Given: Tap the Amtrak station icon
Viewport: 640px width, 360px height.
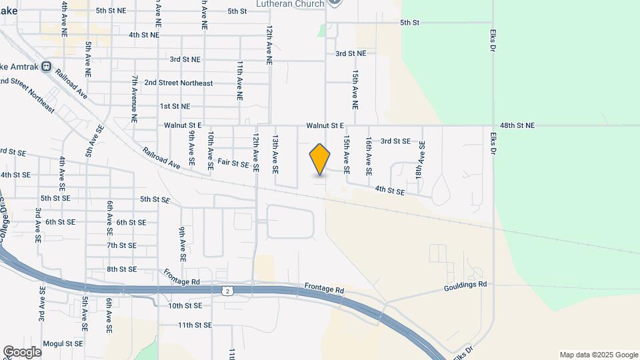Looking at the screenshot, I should pos(46,67).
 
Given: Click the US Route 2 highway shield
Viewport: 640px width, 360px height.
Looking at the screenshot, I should pos(228,291).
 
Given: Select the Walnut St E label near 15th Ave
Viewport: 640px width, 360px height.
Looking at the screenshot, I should pos(325,125).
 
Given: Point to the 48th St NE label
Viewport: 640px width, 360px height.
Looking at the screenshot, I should pos(517,125).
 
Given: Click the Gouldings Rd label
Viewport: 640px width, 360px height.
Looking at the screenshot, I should pos(465,285).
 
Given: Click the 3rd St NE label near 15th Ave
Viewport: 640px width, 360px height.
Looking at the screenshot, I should pos(351,53).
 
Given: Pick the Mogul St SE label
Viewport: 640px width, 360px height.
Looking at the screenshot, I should pos(63,343).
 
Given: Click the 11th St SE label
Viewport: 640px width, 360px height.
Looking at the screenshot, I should pos(195,325).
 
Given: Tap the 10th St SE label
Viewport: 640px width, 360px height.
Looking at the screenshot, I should pos(185,306).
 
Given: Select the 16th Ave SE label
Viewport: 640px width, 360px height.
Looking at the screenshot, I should pos(368,156).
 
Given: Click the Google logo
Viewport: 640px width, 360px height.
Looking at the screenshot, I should pos(22,352).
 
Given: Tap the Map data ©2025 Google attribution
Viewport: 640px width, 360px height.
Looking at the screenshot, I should pos(598,355).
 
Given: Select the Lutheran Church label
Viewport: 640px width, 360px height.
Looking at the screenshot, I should pos(290,4).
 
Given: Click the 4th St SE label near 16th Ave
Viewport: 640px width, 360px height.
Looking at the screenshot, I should pos(390,191).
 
